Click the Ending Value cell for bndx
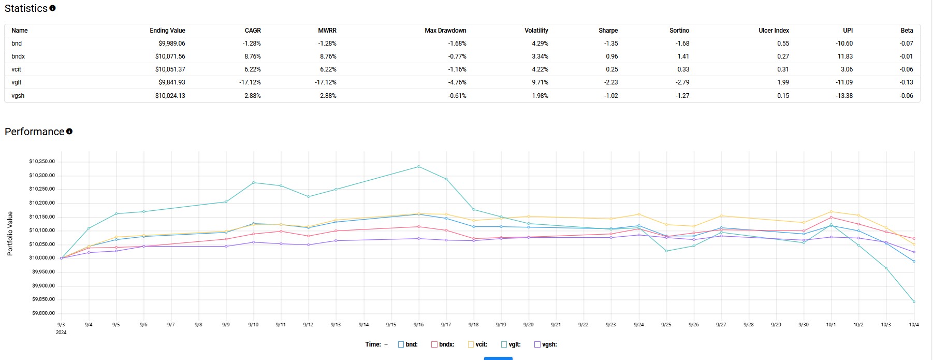click(170, 56)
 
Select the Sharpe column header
click(608, 31)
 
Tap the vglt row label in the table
click(17, 82)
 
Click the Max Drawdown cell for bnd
click(457, 44)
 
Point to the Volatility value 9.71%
click(540, 82)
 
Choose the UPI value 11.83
click(845, 56)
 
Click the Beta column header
click(907, 31)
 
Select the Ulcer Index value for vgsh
click(783, 96)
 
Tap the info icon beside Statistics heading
click(52, 8)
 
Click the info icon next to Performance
click(69, 132)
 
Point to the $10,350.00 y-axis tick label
click(42, 162)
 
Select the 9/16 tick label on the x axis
click(418, 325)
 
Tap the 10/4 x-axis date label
click(914, 325)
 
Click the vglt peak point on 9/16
click(418, 167)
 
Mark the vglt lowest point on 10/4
click(914, 301)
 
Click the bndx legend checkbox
click(434, 344)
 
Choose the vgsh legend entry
click(546, 344)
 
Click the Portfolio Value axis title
click(10, 234)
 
